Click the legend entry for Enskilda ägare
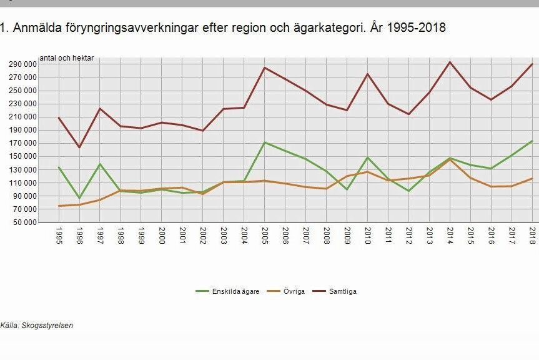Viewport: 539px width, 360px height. pyautogui.click(x=227, y=291)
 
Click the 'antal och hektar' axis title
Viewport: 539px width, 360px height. pyautogui.click(x=66, y=58)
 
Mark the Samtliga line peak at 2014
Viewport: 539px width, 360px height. pyautogui.click(x=450, y=62)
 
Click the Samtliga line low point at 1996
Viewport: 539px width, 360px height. pyautogui.click(x=79, y=147)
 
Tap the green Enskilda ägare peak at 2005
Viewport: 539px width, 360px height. pyautogui.click(x=264, y=142)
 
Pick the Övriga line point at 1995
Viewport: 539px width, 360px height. pyautogui.click(x=59, y=206)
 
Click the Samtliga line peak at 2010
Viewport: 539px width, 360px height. pyautogui.click(x=367, y=74)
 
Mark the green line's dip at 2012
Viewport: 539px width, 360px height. pyautogui.click(x=408, y=191)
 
